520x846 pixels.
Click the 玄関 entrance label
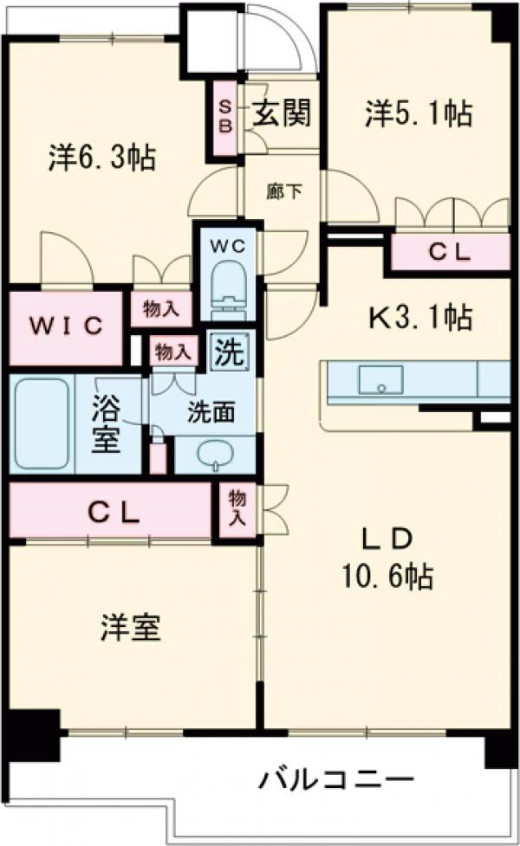click(283, 113)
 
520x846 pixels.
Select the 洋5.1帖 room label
click(419, 113)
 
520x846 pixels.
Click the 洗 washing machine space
click(230, 352)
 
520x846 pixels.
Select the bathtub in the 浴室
click(41, 423)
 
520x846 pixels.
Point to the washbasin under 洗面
click(213, 454)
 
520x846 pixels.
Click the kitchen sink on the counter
click(380, 379)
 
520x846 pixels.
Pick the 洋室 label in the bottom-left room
click(130, 627)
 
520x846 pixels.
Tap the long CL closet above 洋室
click(113, 512)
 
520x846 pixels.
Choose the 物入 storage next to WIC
click(160, 308)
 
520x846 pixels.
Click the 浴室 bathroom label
click(108, 423)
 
